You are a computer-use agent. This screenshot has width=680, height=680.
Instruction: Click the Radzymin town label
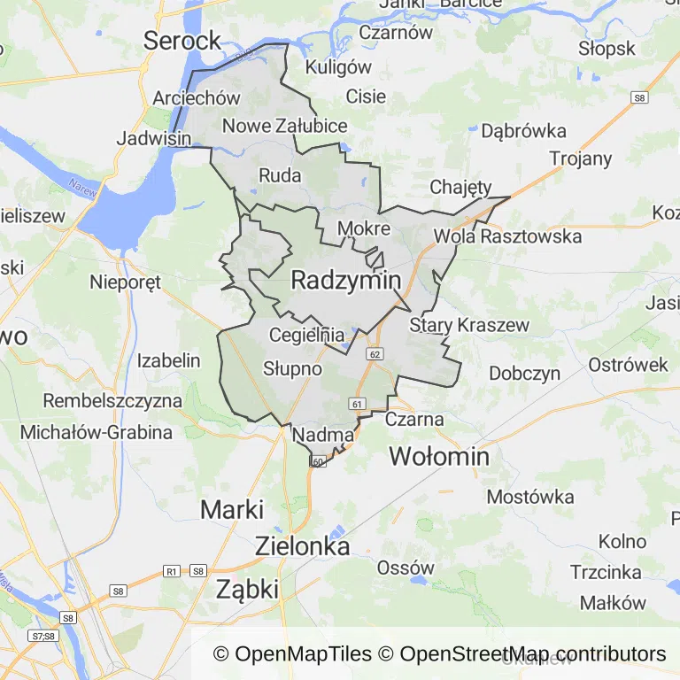pos(345,281)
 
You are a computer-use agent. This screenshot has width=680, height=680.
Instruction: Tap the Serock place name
pos(182,40)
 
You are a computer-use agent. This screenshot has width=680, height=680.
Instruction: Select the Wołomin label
pos(440,457)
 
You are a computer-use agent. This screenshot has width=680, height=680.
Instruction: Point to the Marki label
pos(232,510)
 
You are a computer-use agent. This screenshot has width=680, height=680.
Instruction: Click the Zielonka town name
pos(302,546)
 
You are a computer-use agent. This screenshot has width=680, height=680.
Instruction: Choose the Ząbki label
pos(247,589)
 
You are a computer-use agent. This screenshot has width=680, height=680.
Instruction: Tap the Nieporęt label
pos(126,283)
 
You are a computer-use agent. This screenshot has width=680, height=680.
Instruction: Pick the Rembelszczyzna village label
pos(112,400)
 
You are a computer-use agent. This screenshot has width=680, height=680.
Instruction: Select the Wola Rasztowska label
pos(507,236)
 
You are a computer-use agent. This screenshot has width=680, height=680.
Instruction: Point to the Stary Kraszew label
pos(469,325)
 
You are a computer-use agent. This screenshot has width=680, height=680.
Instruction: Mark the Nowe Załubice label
pos(284,126)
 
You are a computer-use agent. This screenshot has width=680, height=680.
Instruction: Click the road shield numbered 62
pos(376,354)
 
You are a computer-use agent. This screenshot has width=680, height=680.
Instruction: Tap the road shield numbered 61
pos(358,404)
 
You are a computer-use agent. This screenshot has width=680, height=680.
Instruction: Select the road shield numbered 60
pos(319,461)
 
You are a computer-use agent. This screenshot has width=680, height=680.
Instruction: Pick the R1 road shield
pos(173,572)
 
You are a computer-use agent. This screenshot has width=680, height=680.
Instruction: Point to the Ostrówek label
pos(629,365)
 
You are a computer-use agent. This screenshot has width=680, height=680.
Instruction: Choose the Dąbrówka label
pos(523,131)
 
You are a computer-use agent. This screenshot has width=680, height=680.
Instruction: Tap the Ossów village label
pos(406,568)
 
